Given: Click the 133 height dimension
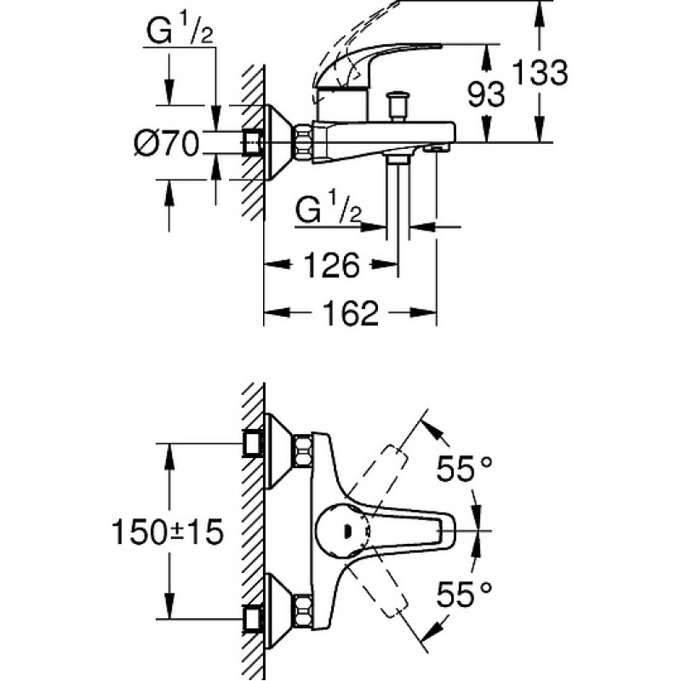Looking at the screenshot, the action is click(x=540, y=72).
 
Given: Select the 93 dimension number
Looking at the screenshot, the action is click(x=486, y=94).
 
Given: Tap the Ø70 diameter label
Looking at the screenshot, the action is click(x=166, y=143).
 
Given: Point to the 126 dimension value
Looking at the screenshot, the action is click(x=332, y=265).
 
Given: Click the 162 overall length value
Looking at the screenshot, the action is click(x=351, y=312).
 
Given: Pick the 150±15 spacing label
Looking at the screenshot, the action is click(x=168, y=531).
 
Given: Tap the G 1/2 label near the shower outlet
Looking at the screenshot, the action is click(x=329, y=209).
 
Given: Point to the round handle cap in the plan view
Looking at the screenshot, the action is click(x=343, y=530).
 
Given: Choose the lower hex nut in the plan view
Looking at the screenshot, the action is click(x=303, y=611).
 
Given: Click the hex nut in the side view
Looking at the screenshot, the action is click(x=304, y=142).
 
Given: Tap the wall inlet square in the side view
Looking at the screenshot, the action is click(x=252, y=142).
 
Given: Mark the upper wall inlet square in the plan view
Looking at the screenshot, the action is click(x=252, y=444).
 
